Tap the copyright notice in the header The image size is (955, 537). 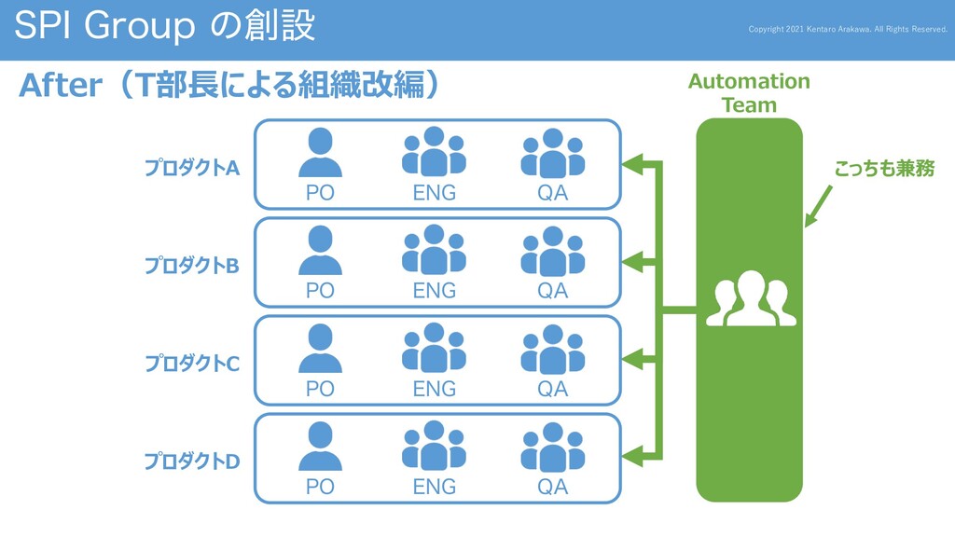click(x=847, y=29)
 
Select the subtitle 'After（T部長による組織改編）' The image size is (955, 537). click(x=228, y=86)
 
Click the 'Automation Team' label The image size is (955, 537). click(x=749, y=93)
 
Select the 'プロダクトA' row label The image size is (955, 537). click(x=191, y=168)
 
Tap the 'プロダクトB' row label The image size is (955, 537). click(x=191, y=266)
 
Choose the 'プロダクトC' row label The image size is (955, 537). click(x=191, y=363)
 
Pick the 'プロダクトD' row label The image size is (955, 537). click(x=191, y=461)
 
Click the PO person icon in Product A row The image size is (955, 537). click(x=320, y=153)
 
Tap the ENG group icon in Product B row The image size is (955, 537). click(x=434, y=250)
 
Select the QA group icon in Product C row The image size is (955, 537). click(x=552, y=349)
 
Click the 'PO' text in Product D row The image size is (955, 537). click(x=320, y=487)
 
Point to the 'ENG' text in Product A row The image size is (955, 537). click(x=434, y=193)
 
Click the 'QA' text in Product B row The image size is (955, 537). click(x=552, y=291)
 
